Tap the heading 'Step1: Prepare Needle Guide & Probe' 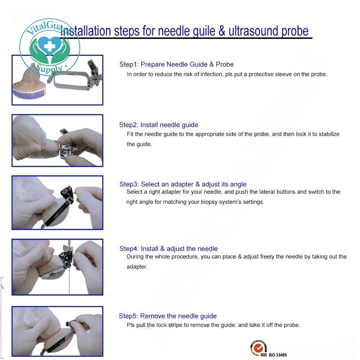tap(176, 64)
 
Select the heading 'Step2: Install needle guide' tap(158, 125)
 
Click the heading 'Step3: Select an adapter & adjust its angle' tap(183, 184)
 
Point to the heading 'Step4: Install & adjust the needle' tap(168, 249)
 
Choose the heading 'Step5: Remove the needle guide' tap(168, 316)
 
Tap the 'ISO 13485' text tap(278, 355)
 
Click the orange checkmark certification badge tap(258, 348)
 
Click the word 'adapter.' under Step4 tap(137, 267)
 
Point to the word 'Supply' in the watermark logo tap(50, 68)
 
